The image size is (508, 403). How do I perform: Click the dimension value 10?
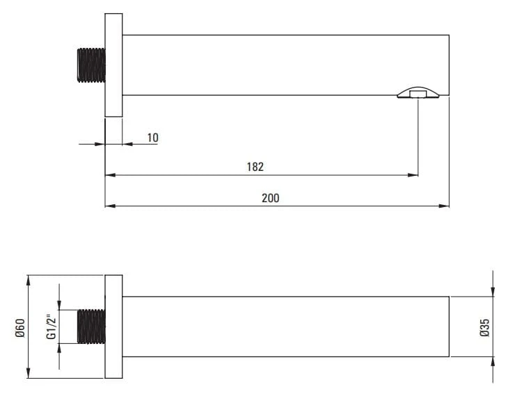153,138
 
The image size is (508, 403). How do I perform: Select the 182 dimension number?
255,167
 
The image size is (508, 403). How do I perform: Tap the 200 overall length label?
271,198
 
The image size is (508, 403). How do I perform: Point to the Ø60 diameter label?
20,328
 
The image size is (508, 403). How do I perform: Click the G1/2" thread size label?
51,327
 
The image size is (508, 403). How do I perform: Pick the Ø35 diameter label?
485,328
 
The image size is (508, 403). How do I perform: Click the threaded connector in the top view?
91,65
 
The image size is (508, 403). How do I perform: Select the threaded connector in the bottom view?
91,327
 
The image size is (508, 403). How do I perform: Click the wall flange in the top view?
113,65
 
